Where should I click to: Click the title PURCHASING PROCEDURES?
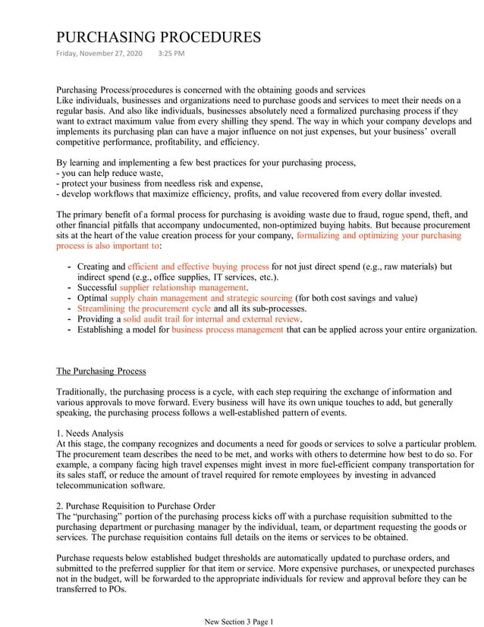pos(159,37)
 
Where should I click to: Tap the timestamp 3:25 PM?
pos(171,54)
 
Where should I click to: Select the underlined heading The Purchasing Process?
pos(101,371)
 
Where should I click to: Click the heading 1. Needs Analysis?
pos(90,432)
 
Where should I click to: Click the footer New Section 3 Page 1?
pos(239,621)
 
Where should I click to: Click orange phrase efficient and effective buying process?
pos(199,267)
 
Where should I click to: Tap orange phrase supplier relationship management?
pos(184,288)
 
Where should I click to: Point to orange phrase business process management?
pos(228,330)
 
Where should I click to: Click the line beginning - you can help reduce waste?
pos(109,173)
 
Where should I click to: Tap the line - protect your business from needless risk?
pos(159,183)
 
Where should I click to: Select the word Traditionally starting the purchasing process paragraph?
pos(82,392)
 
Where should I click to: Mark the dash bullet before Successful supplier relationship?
pos(70,288)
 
